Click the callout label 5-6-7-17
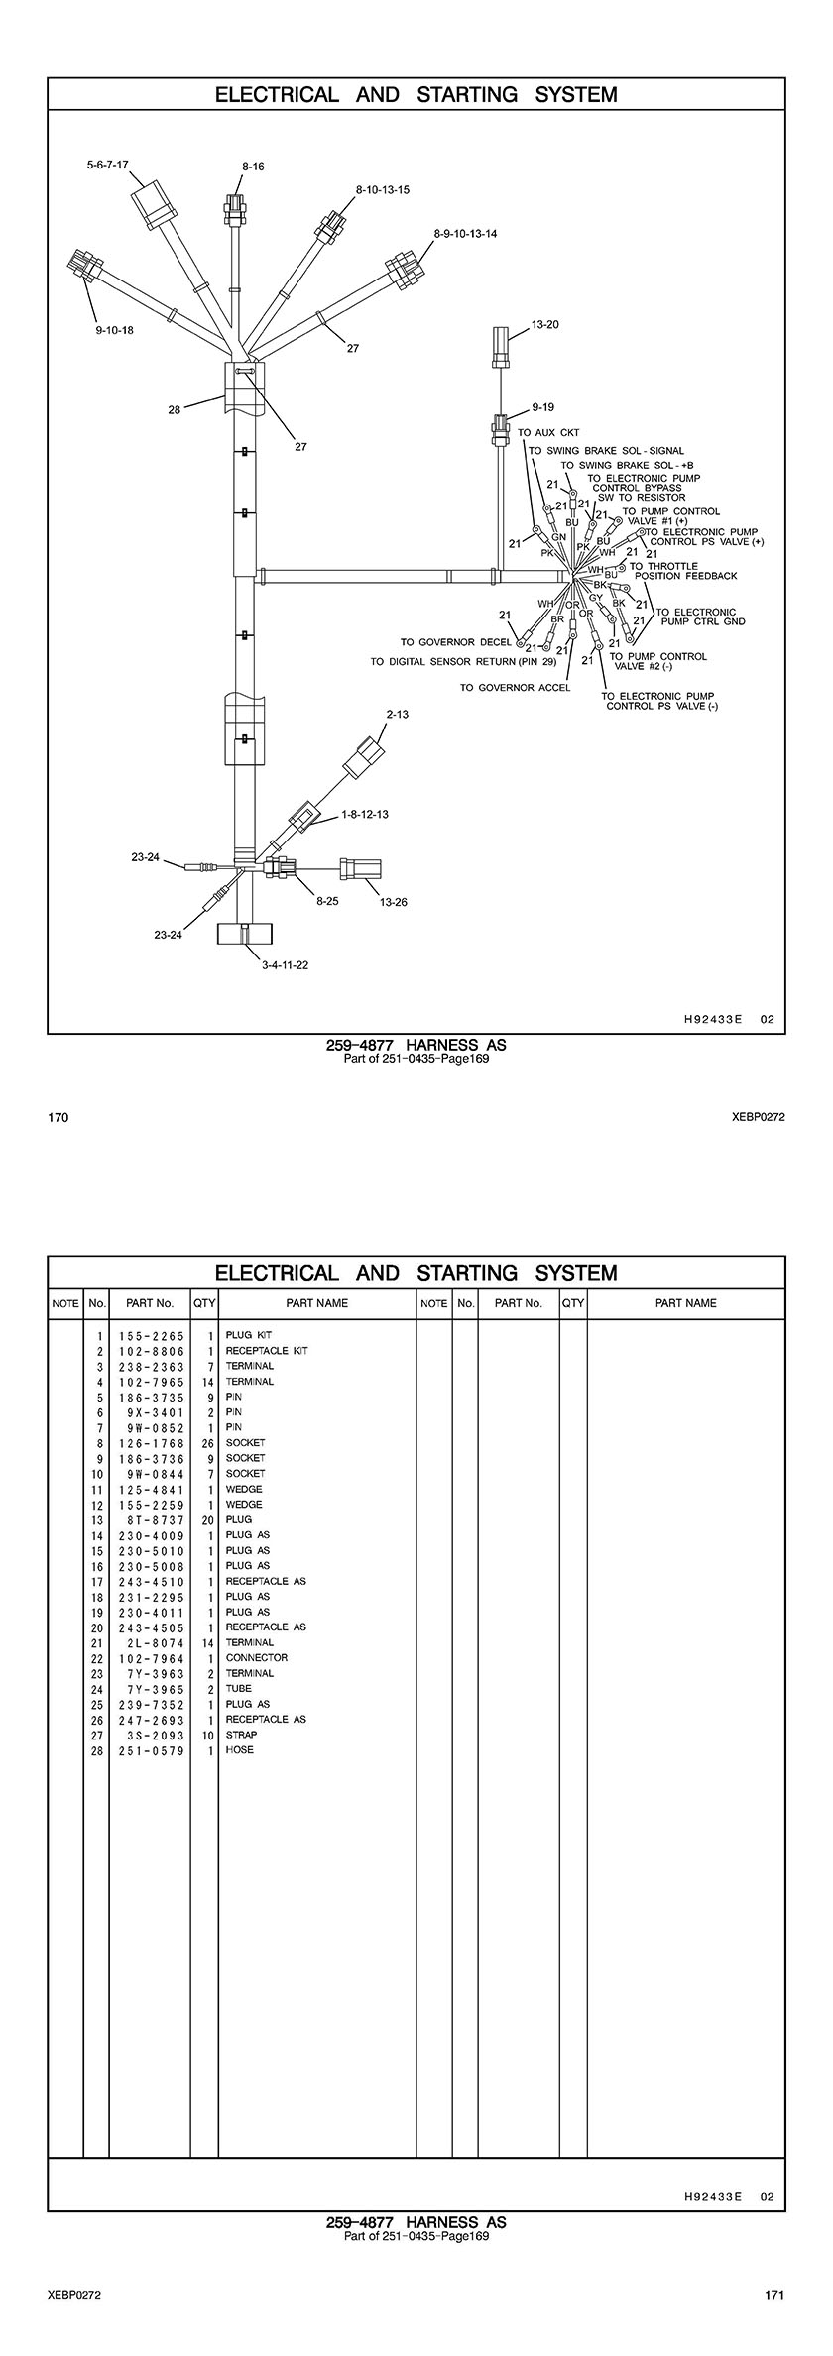pos(107,164)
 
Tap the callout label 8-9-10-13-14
pos(465,234)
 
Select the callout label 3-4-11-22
pos(285,965)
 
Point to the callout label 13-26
pos(394,902)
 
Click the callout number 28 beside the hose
pos(175,409)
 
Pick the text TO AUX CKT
pos(548,433)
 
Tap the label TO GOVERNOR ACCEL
pos(515,688)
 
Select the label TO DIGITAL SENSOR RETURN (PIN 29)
pos(463,662)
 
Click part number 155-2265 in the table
pos(150,1336)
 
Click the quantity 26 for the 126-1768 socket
pos(207,1443)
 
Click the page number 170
pos(59,1117)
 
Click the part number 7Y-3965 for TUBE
pos(150,1689)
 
